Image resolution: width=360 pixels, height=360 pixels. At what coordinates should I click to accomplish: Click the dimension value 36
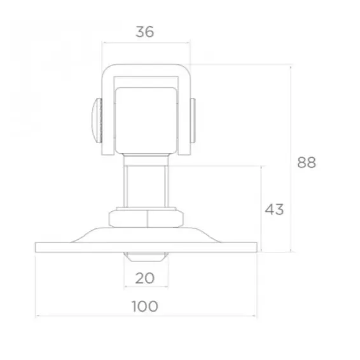[x=146, y=31]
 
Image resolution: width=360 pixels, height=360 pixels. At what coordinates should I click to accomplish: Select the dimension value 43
[x=274, y=209]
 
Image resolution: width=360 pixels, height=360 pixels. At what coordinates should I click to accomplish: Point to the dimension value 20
[x=146, y=277]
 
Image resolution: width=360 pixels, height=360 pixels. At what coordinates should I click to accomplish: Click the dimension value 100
[x=145, y=306]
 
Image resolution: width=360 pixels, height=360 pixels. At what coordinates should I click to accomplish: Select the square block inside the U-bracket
[x=146, y=121]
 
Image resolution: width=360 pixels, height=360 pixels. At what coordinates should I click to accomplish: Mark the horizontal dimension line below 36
[x=146, y=43]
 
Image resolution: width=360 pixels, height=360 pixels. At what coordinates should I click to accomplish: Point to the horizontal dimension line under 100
[x=146, y=316]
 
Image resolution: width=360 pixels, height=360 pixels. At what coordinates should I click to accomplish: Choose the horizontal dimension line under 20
[x=146, y=287]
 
